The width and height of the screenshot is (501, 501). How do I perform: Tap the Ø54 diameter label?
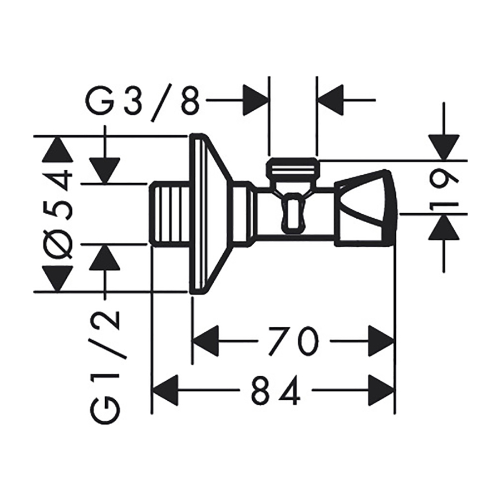59,214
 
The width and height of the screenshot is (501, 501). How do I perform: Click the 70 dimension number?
293,341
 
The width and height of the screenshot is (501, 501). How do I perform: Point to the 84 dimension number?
276,390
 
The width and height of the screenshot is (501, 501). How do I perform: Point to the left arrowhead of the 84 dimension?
165,390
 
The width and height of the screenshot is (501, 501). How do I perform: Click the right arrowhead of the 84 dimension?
381,390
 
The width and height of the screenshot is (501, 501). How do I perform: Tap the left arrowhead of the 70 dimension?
206,341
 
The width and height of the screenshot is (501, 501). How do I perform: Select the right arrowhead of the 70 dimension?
381,341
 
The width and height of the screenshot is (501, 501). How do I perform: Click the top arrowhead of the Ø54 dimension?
56,148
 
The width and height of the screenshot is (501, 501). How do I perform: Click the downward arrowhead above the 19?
444,148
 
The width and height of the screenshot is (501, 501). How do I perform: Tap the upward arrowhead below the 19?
444,227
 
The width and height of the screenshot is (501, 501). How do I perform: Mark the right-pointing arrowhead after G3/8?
255,100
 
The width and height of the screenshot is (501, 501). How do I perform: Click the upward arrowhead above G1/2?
105,257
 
